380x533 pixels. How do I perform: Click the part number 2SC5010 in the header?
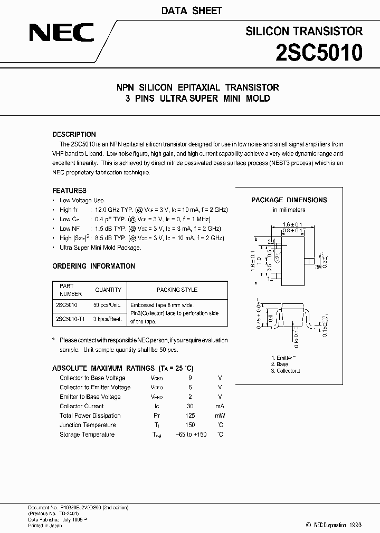tap(319, 53)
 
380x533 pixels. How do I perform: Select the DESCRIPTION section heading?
tap(74, 134)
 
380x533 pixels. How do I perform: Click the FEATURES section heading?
tap(69, 191)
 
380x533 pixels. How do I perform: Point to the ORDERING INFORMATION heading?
tap(93, 266)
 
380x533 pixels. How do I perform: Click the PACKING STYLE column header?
tap(177, 290)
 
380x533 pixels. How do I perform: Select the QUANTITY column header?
tap(108, 290)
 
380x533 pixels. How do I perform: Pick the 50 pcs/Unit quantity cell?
tap(107, 305)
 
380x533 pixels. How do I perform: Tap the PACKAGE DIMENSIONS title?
tap(289, 200)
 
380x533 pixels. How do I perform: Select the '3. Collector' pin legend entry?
tap(286, 371)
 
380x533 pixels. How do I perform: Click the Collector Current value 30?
tap(190, 406)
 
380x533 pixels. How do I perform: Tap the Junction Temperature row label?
tap(88, 425)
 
